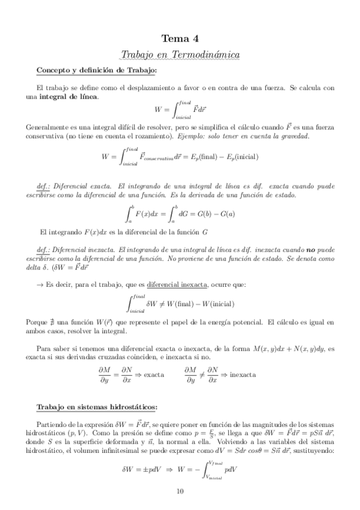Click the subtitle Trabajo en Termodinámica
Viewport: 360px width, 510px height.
(x=180, y=55)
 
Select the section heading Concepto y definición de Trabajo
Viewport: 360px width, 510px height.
(x=96, y=71)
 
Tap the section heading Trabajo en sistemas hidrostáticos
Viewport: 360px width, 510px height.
(x=97, y=407)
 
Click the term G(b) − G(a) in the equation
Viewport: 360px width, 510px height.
(x=216, y=214)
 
